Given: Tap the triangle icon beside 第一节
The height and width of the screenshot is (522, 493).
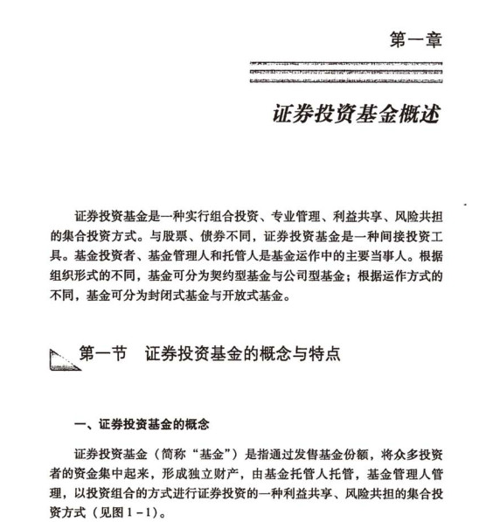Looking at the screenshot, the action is pos(64,357).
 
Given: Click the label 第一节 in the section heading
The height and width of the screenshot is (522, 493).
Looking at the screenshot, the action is pos(103,354).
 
